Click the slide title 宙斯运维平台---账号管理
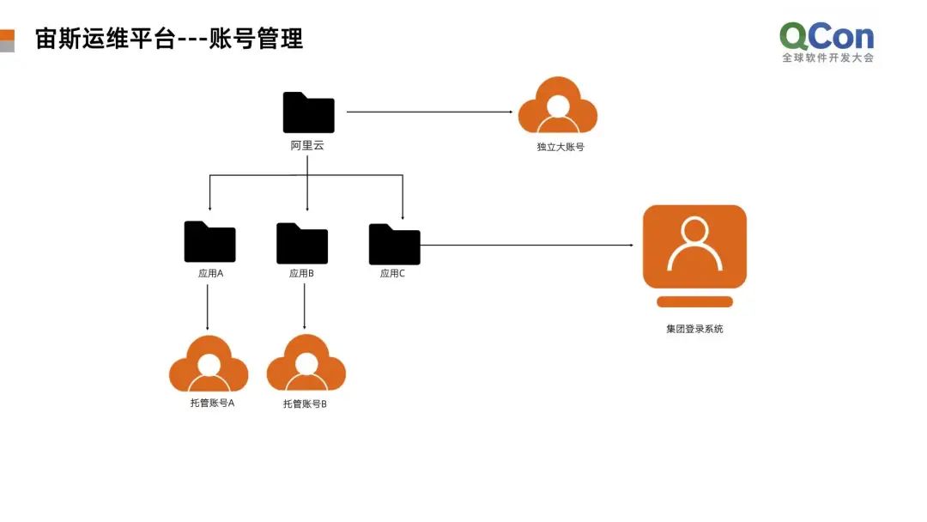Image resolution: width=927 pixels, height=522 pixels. click(x=169, y=39)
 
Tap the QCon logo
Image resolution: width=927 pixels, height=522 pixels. click(x=827, y=42)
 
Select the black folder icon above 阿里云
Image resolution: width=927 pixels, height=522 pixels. click(x=308, y=112)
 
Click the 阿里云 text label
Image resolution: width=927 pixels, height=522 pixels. click(x=307, y=146)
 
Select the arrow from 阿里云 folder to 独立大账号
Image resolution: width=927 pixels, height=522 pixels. click(x=429, y=112)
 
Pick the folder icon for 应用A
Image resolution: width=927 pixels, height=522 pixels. click(x=209, y=242)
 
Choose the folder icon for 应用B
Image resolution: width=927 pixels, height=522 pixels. click(x=302, y=243)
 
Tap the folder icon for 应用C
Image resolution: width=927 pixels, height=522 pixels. click(x=394, y=244)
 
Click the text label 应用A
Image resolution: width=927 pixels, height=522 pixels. click(x=210, y=274)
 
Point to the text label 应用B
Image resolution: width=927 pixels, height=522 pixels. click(x=301, y=274)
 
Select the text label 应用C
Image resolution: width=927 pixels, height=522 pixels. click(x=392, y=274)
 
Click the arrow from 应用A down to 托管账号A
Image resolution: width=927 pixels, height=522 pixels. click(x=209, y=307)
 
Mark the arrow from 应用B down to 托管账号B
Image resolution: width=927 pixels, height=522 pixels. click(x=305, y=307)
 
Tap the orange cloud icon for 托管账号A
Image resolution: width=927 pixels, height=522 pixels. click(x=209, y=364)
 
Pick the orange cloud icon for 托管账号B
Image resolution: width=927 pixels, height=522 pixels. click(x=306, y=365)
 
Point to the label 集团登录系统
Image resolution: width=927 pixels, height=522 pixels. click(x=694, y=329)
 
